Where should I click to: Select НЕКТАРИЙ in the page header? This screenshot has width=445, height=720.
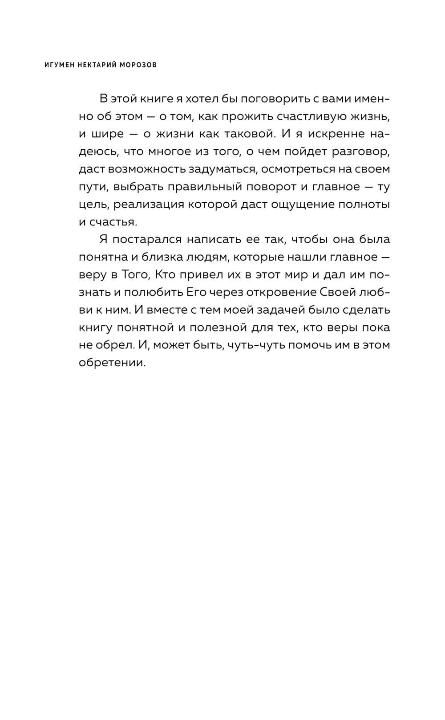click(95, 65)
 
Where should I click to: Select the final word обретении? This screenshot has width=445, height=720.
click(112, 363)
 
